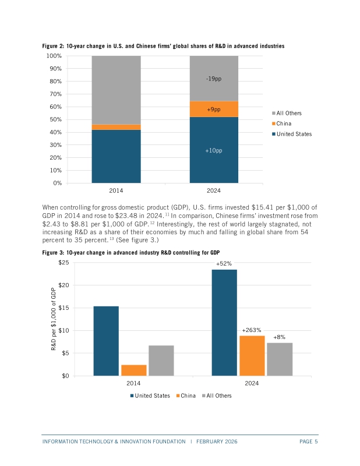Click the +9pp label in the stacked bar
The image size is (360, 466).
click(214, 109)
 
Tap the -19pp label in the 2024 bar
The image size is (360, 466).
click(214, 79)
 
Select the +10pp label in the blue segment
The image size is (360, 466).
click(214, 150)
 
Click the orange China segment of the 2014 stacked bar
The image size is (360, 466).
click(116, 126)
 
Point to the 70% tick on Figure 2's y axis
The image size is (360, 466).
click(55, 94)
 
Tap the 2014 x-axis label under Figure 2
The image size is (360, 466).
click(116, 190)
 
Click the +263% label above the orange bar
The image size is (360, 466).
click(252, 330)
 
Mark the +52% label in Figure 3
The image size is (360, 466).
click(224, 264)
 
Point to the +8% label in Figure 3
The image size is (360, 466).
click(279, 337)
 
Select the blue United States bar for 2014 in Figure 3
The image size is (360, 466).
click(106, 341)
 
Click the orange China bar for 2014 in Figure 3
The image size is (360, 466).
click(134, 370)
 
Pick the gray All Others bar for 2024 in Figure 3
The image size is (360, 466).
click(280, 359)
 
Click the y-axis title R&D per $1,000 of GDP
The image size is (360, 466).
click(53, 319)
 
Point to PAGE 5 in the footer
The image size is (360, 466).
click(308, 442)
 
